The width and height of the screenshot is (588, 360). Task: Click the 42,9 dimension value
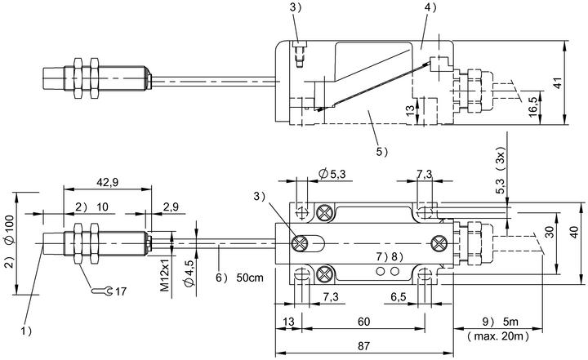107,182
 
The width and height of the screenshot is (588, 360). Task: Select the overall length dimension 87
363,346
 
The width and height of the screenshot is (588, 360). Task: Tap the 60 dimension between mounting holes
363,322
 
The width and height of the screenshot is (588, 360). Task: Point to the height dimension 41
559,82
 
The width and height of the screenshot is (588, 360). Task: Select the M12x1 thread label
164,276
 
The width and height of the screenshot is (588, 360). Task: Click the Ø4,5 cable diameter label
189,273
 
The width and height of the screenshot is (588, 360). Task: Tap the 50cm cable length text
250,278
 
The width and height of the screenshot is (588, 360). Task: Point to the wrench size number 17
121,291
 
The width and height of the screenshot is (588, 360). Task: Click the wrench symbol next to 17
101,291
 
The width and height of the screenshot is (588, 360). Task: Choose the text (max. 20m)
498,336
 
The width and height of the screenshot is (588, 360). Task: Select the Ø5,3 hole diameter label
332,174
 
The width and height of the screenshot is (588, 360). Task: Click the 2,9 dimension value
171,207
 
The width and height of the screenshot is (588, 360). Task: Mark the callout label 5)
382,152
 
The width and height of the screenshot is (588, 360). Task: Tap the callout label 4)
431,7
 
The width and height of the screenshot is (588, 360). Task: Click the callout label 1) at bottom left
26,331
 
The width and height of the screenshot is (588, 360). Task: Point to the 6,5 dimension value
399,297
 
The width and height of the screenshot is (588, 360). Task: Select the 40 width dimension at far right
574,233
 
